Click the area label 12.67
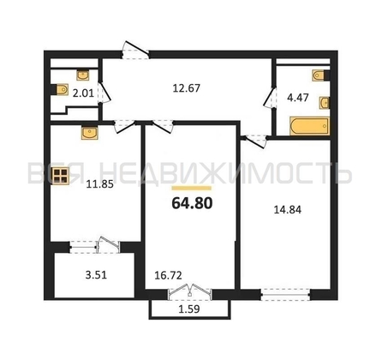187,88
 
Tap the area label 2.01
83,93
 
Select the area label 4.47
298,98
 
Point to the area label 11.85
100,184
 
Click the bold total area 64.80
192,203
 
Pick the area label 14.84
288,210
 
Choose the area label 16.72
168,275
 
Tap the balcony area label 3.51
96,275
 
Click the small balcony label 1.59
189,309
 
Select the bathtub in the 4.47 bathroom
309,126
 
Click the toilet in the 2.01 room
62,89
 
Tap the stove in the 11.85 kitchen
61,176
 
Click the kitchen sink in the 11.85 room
90,133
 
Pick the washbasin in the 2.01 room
83,75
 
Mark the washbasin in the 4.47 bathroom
325,103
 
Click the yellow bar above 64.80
192,188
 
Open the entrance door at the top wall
135,51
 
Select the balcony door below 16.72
190,292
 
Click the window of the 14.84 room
285,294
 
